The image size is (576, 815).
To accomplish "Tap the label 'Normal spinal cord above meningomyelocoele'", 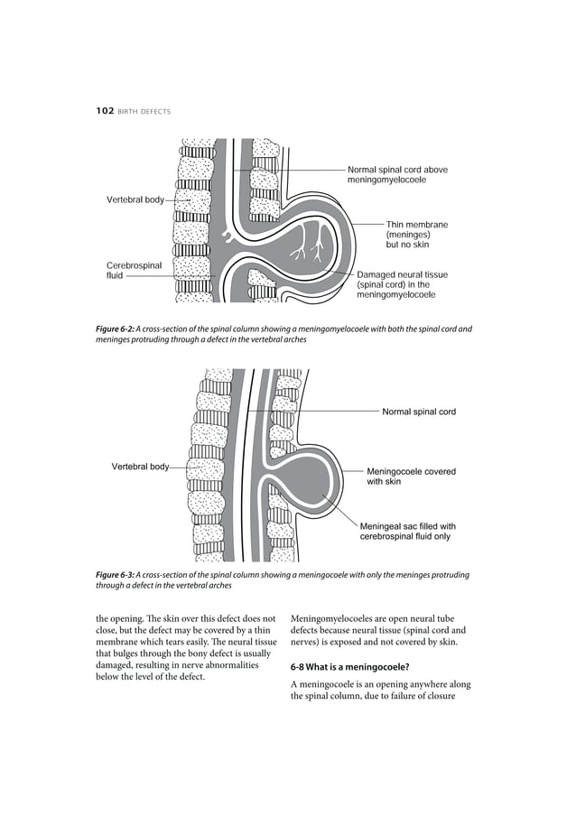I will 397,175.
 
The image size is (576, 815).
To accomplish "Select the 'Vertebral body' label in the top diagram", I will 135,199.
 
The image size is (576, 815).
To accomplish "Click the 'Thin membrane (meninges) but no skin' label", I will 416,234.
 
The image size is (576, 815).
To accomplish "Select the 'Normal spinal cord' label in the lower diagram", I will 419,412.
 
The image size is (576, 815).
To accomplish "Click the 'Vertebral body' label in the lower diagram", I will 140,467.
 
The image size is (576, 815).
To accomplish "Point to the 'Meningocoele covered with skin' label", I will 411,477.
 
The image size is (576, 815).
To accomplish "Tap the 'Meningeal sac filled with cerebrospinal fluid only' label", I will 407,531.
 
